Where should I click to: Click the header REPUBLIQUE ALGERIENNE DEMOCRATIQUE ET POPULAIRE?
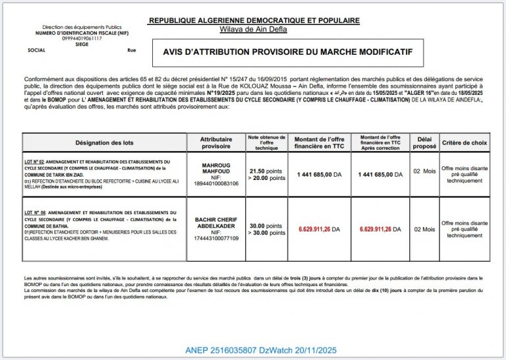point(254,20)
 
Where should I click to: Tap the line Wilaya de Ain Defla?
point(254,29)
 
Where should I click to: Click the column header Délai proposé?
point(424,142)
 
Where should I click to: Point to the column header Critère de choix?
point(464,142)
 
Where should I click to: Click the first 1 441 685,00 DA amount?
point(319,175)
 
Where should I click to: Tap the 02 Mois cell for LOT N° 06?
point(424,229)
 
